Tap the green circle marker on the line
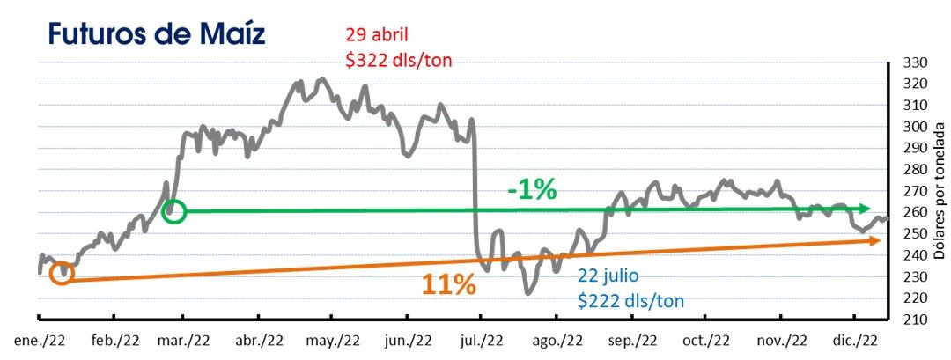(174, 211)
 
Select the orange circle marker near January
(61, 274)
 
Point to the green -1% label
(531, 189)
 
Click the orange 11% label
(448, 284)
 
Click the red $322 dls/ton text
(401, 58)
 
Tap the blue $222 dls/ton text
(631, 299)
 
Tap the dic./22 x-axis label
(854, 340)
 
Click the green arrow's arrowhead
(866, 209)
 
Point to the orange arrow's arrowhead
(875, 240)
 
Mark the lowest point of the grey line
(527, 293)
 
